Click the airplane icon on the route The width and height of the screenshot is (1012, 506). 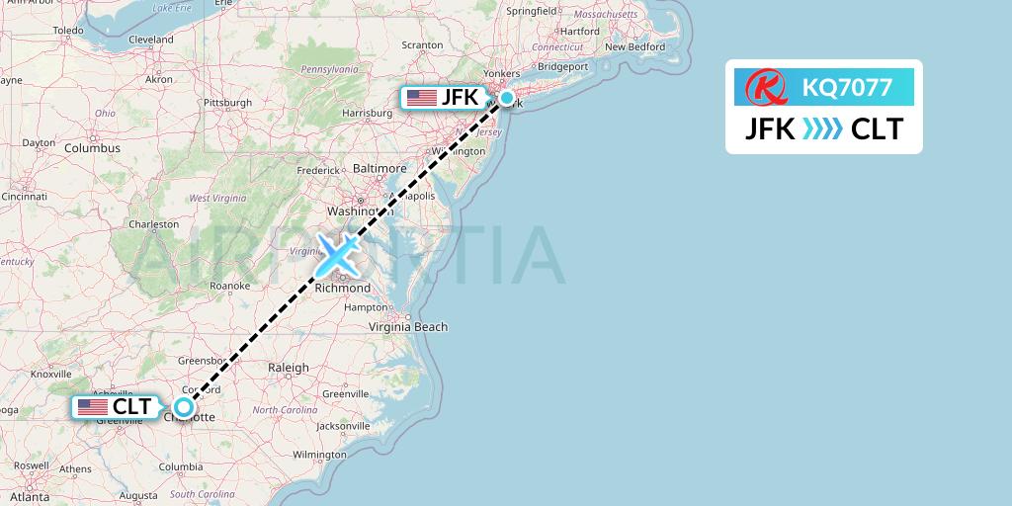338,254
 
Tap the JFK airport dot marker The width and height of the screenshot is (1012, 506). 507,98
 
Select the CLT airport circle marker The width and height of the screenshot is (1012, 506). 184,406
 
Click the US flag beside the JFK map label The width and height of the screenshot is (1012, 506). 422,98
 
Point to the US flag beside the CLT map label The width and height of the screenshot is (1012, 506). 93,406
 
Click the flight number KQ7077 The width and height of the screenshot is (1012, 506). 847,88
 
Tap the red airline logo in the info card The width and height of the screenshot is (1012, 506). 765,88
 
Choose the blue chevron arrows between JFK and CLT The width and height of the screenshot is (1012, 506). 823,128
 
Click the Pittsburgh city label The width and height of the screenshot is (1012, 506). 227,102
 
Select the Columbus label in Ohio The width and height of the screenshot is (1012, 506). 92,148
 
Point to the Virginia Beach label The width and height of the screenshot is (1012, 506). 408,327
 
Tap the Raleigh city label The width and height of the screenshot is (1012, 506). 289,367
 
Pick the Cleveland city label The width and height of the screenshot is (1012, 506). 150,40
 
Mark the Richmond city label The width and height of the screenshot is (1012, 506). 343,289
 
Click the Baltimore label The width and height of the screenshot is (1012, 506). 379,169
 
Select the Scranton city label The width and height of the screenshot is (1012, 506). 421,45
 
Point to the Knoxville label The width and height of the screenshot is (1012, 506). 50,375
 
